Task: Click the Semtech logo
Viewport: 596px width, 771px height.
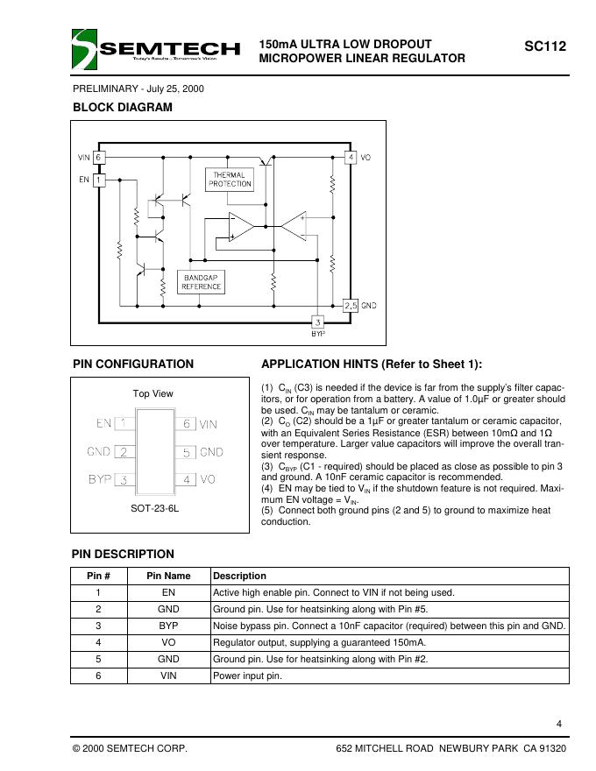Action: (156, 48)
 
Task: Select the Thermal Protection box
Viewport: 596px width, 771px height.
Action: (230, 180)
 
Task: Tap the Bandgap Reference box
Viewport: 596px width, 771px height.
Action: (202, 281)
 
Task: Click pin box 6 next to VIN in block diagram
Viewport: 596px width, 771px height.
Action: (99, 158)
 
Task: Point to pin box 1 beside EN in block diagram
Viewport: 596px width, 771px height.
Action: (99, 180)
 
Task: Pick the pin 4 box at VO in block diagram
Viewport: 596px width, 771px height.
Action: (350, 158)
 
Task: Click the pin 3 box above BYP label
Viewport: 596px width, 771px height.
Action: (318, 322)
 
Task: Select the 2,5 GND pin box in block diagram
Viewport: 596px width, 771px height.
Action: (350, 305)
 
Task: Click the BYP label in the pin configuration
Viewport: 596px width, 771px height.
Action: (100, 479)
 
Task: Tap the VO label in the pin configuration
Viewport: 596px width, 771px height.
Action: (208, 479)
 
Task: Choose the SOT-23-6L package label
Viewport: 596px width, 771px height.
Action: (153, 508)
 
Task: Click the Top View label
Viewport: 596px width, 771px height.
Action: (153, 393)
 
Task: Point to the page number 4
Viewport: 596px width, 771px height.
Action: (558, 723)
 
